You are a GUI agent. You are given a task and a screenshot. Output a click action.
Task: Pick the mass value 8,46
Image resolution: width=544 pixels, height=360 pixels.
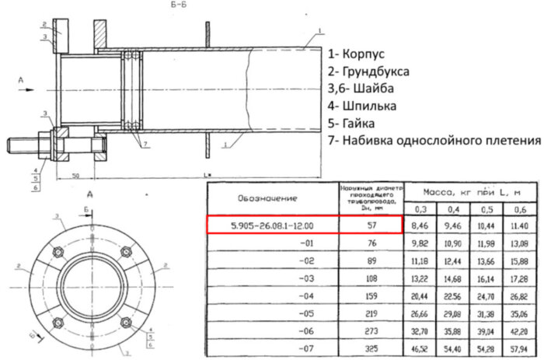point(424,226)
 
